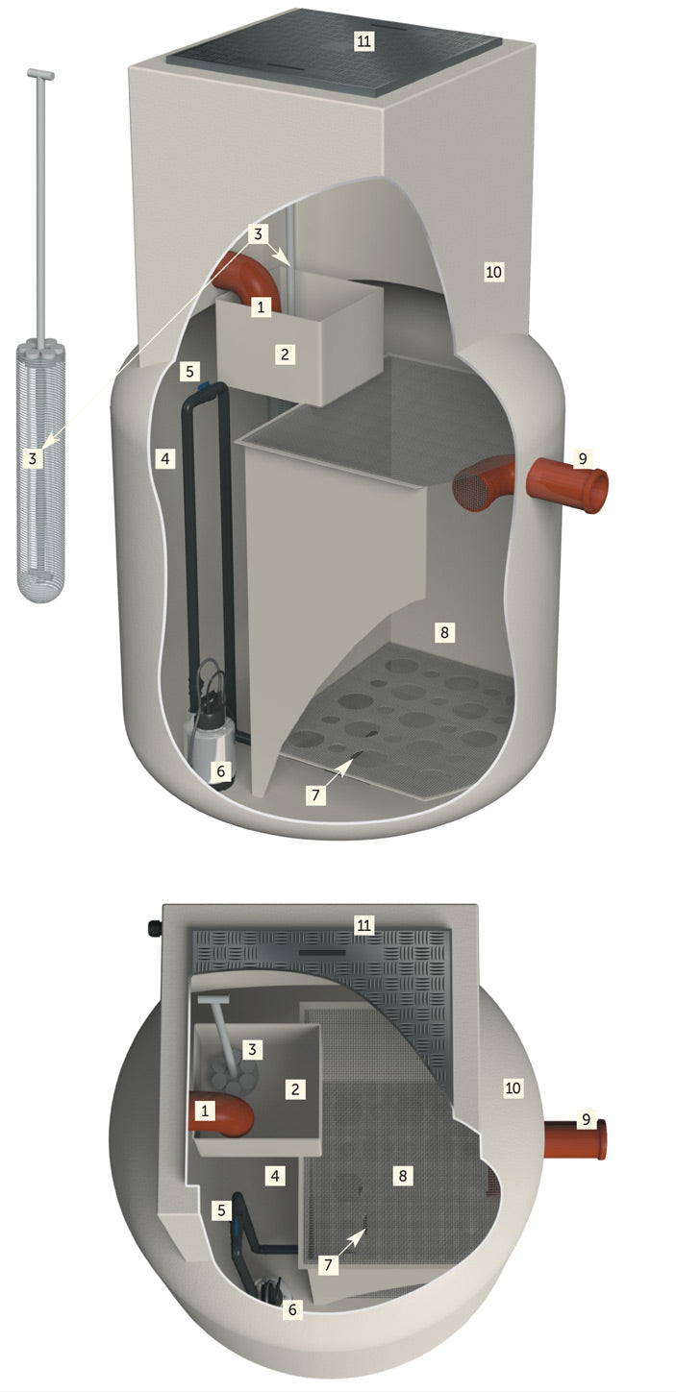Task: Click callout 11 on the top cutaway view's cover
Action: [363, 41]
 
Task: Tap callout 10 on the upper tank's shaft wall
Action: [493, 272]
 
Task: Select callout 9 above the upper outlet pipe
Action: [582, 458]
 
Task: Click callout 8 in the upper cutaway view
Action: [444, 633]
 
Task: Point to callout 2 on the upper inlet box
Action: [285, 354]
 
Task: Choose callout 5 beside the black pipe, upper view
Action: [190, 372]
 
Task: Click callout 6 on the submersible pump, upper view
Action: [220, 771]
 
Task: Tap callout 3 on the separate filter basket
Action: [33, 459]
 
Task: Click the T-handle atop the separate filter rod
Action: [41, 75]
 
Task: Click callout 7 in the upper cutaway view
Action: [316, 794]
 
